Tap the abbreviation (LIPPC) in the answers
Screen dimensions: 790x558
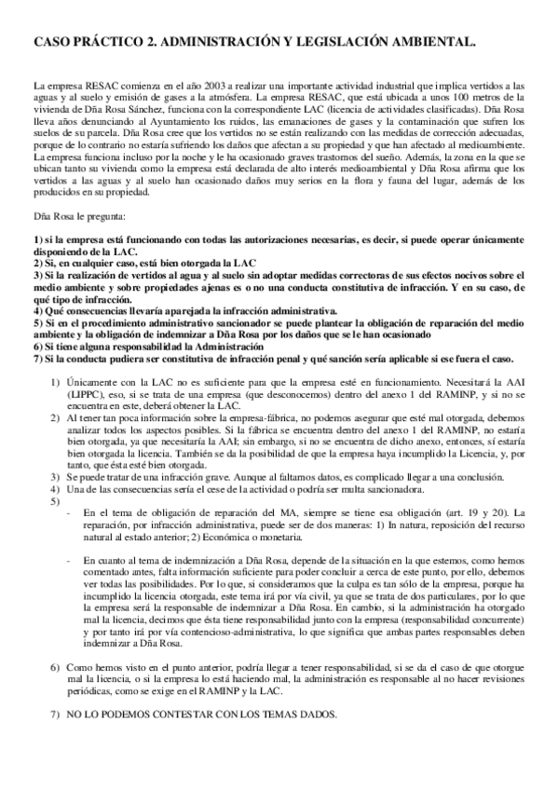pos(83,395)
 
